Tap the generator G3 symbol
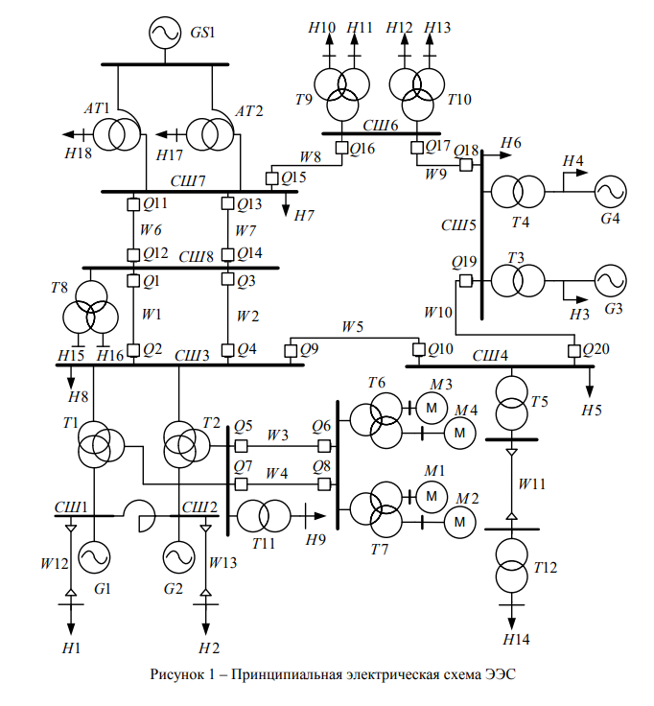click(x=610, y=282)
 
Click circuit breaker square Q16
click(x=341, y=148)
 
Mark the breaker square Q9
click(x=291, y=351)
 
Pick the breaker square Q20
click(x=573, y=351)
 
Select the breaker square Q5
click(x=242, y=446)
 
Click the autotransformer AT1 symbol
click(x=121, y=133)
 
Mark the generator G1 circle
click(x=95, y=556)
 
